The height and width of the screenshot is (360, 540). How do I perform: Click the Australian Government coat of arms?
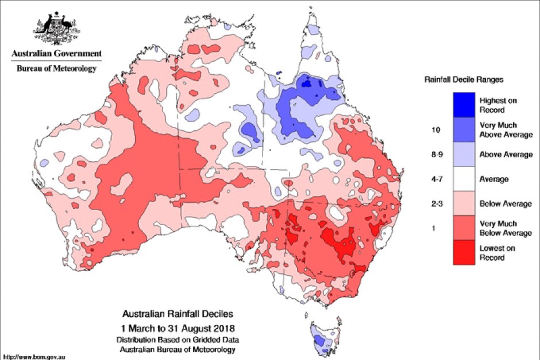pos(56,29)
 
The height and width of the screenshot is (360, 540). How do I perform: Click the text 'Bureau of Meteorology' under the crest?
pos(55,69)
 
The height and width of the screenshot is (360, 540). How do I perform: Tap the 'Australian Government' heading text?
pos(56,54)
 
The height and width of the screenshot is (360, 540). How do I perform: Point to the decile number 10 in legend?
pos(435,130)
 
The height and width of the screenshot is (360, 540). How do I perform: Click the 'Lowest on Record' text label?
pos(497,253)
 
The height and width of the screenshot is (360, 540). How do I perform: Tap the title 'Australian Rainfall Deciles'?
pos(178,315)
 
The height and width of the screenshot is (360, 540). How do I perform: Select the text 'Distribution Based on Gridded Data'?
pos(179,340)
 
